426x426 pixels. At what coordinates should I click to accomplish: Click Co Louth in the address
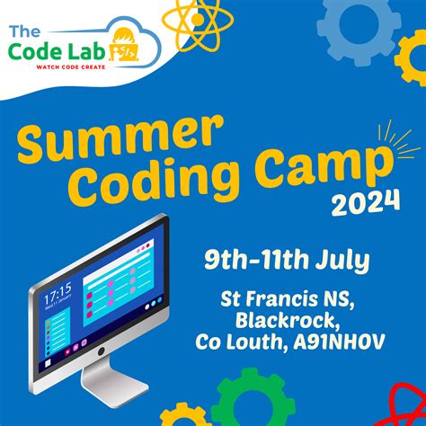click(x=233, y=342)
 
